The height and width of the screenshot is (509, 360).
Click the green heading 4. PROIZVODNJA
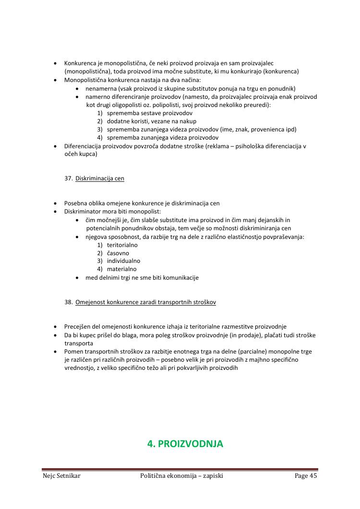pos(185,444)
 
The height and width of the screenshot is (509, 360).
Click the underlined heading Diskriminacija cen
pos(100,178)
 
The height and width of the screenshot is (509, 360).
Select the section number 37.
pos(68,178)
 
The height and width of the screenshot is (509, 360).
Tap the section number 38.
pos(68,303)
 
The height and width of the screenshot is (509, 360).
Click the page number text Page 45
pos(306,476)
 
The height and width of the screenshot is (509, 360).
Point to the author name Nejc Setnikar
pos(61,476)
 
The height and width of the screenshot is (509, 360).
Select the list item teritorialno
pos(122,245)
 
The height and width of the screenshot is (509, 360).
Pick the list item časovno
pos(118,253)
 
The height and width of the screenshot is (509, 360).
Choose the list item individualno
pos(123,261)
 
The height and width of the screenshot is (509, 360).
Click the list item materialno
pos(121,269)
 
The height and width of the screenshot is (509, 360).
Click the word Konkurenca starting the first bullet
pos(80,63)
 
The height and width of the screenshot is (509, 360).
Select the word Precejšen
pos(78,327)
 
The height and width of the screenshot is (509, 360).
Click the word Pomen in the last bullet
pos(74,352)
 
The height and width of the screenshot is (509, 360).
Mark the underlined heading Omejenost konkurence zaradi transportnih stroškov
pos(145,303)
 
